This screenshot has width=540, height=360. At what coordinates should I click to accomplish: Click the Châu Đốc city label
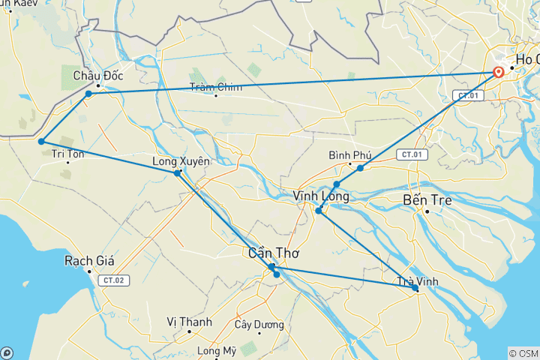98,76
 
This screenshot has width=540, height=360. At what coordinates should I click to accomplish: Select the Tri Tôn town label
67,154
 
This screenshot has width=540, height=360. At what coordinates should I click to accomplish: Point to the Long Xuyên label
181,161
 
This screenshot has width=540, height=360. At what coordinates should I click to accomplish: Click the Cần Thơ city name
269,253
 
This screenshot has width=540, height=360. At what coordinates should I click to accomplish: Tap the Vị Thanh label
189,322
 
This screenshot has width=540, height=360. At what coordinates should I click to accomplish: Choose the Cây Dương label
259,325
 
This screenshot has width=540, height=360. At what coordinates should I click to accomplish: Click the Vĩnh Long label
320,196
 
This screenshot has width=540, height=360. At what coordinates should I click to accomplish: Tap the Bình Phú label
350,155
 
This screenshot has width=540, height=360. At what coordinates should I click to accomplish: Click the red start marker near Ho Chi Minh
499,73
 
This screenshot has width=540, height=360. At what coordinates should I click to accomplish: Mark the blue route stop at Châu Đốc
88,94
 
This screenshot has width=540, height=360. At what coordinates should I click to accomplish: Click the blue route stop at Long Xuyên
177,173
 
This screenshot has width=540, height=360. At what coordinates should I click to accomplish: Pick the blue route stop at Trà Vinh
415,288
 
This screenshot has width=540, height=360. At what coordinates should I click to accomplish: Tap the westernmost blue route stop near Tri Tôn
41,141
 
